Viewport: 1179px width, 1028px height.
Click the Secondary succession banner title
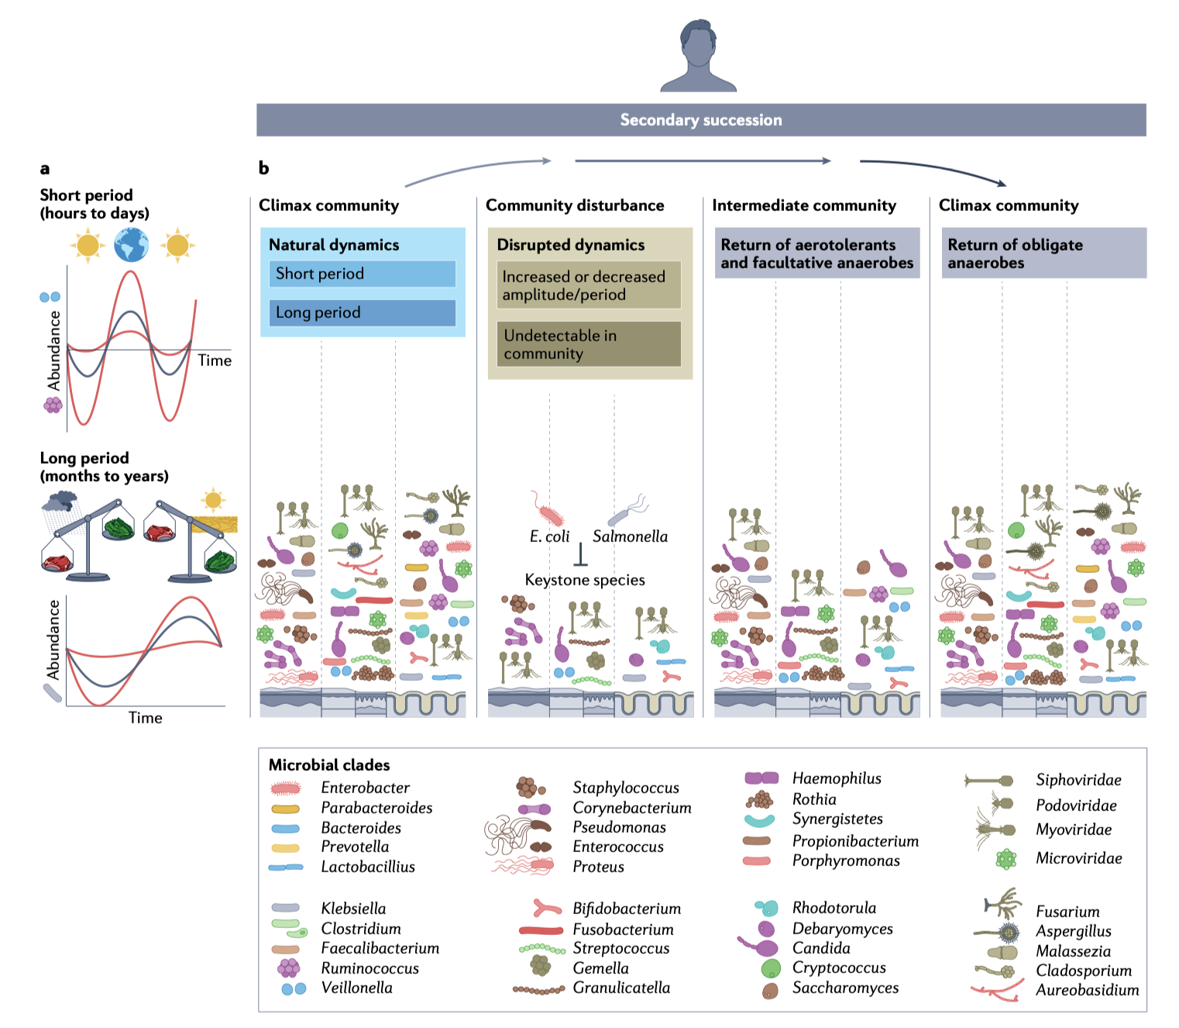click(701, 120)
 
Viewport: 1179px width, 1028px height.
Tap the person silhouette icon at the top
click(698, 57)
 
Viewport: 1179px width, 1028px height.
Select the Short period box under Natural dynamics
click(362, 274)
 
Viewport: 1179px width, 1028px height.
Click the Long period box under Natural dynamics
click(362, 312)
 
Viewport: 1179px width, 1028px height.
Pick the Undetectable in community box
click(589, 344)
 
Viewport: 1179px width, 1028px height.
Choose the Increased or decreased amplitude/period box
click(589, 285)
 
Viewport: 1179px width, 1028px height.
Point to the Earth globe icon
click(131, 246)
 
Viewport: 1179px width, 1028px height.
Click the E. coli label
click(549, 536)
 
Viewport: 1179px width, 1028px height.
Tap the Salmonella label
click(630, 536)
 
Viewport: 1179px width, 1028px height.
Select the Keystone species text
click(585, 580)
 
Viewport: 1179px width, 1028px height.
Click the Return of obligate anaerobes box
click(1043, 254)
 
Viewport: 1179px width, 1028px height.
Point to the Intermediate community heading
click(804, 205)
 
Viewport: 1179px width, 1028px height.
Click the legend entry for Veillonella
click(356, 988)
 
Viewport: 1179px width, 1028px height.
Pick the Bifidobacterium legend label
click(627, 909)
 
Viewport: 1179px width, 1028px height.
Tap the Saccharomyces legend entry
click(845, 988)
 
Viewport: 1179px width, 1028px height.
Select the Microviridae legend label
click(1078, 858)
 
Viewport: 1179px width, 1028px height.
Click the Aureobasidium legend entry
click(1087, 990)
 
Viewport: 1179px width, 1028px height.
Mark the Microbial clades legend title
click(329, 765)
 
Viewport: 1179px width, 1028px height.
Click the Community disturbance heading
click(575, 205)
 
